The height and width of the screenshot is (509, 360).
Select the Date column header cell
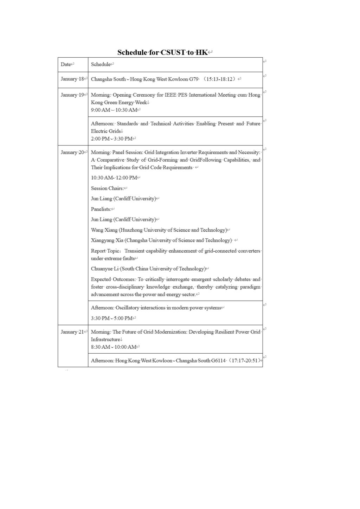[66, 64]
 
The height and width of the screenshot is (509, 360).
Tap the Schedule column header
[101, 64]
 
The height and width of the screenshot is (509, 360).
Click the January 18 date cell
[72, 79]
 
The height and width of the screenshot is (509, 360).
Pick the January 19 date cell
[72, 95]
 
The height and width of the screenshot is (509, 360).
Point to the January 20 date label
[72, 152]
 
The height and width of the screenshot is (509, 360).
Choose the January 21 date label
[72, 332]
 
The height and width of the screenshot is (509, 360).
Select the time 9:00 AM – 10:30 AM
[114, 110]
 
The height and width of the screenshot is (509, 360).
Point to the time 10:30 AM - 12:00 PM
[114, 178]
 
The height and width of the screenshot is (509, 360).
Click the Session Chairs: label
[107, 188]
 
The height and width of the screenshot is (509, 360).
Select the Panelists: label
[101, 209]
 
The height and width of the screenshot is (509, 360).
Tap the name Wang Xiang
[104, 230]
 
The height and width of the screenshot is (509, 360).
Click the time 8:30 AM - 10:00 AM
[114, 347]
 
